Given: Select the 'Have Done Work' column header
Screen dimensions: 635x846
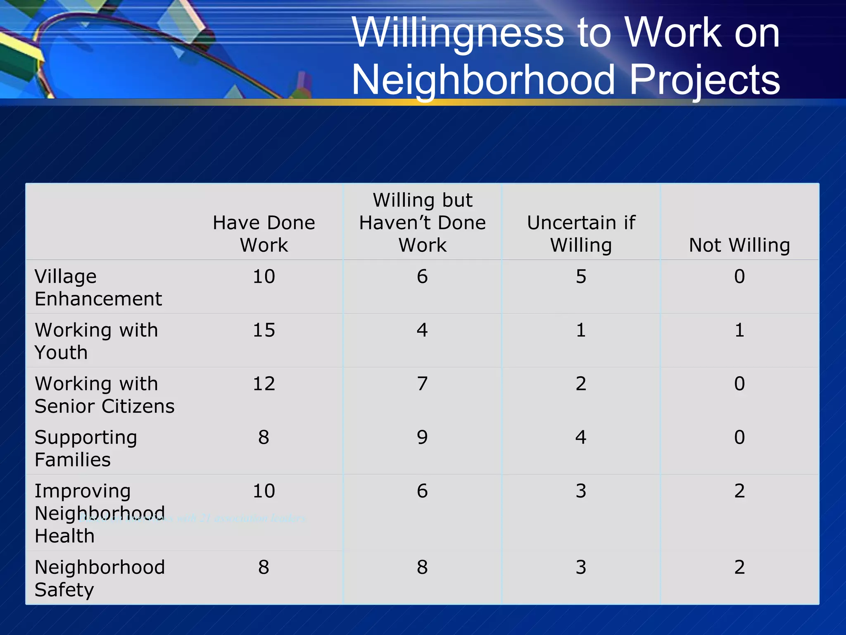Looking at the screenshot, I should pyautogui.click(x=264, y=234).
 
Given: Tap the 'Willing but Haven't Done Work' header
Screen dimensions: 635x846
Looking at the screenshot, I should pyautogui.click(x=422, y=222).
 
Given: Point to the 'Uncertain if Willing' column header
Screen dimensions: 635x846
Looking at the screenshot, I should pyautogui.click(x=581, y=234).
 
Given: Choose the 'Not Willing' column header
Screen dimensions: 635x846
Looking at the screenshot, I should pyautogui.click(x=739, y=245).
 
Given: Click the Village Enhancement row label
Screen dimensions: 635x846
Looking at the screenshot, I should pyautogui.click(x=98, y=287).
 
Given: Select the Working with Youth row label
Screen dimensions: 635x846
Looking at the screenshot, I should pyautogui.click(x=96, y=341).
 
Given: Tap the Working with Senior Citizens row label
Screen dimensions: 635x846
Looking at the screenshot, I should pyautogui.click(x=105, y=395).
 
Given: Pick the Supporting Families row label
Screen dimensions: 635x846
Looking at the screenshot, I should pyautogui.click(x=86, y=448).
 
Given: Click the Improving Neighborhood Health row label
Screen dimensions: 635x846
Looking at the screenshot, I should pyautogui.click(x=100, y=513).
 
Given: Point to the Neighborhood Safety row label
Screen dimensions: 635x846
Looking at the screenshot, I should pyautogui.click(x=100, y=578).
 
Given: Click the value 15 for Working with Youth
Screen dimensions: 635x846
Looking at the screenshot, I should pyautogui.click(x=264, y=330).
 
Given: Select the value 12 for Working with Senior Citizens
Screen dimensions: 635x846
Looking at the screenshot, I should pyautogui.click(x=264, y=384).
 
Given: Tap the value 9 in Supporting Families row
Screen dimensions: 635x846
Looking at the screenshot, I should pyautogui.click(x=422, y=437).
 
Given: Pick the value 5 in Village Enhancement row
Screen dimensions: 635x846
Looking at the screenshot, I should pyautogui.click(x=581, y=276).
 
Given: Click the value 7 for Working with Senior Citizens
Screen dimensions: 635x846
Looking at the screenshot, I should pyautogui.click(x=422, y=384).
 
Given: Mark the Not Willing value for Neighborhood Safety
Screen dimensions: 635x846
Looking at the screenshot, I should pyautogui.click(x=739, y=567).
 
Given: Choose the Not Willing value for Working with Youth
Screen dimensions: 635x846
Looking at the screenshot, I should pyautogui.click(x=739, y=330).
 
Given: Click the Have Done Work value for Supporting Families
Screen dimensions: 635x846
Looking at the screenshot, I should pyautogui.click(x=264, y=437).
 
